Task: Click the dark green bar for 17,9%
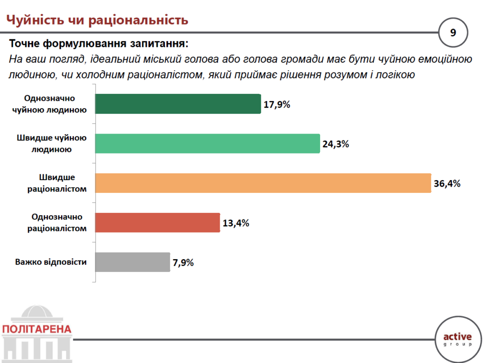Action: [x=178, y=104]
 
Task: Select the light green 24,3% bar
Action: [x=207, y=144]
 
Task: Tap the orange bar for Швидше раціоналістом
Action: [x=263, y=183]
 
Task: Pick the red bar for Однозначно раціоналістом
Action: [x=158, y=222]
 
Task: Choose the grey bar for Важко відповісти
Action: [x=132, y=262]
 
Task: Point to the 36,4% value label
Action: [x=447, y=184]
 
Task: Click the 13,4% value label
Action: [x=235, y=223]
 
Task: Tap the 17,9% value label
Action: [x=277, y=105]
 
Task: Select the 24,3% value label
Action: [x=336, y=145]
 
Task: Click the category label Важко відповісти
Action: [x=51, y=262]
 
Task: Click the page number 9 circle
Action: [x=453, y=33]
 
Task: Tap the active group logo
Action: [x=457, y=339]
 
